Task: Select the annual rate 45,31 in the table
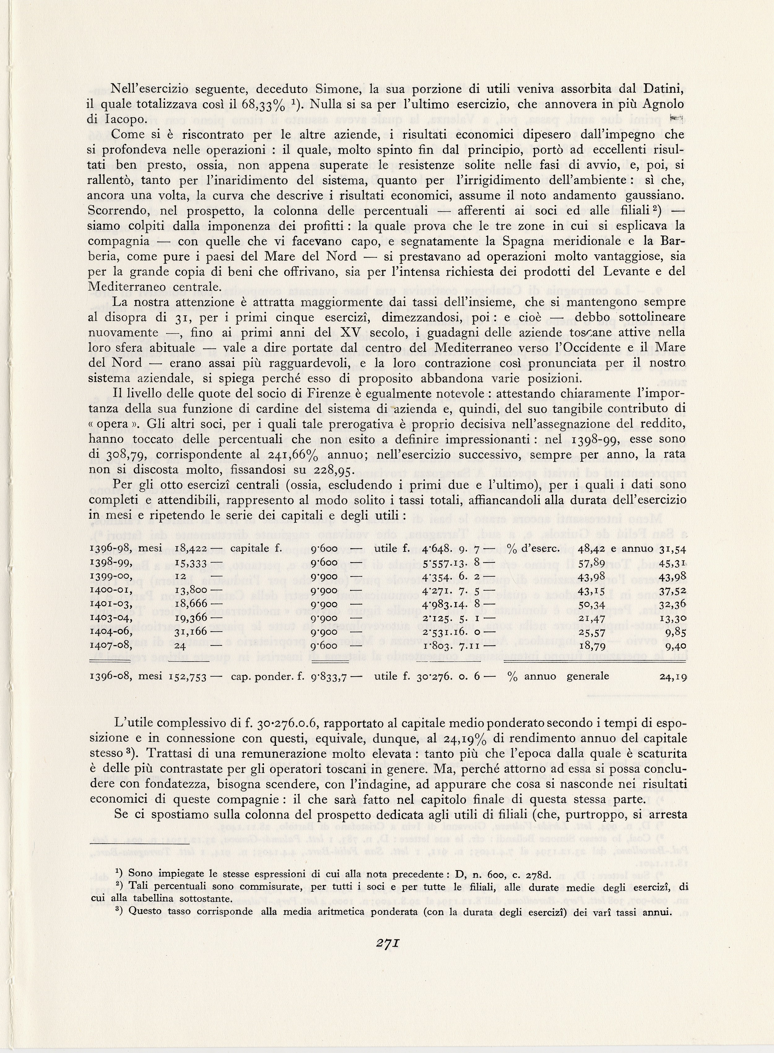(x=673, y=562)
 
